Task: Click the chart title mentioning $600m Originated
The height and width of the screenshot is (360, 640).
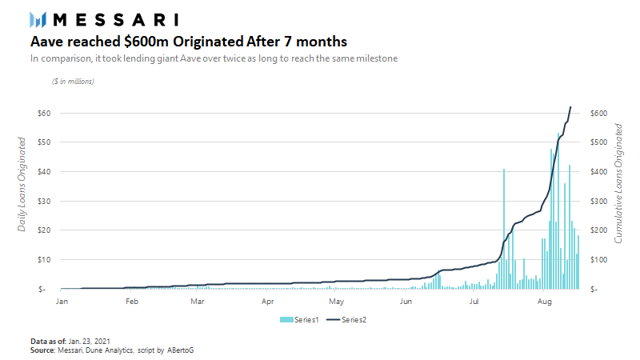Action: (189, 41)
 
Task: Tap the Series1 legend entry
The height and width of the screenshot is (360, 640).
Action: (302, 319)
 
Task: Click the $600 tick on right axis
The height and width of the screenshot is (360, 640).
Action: (599, 113)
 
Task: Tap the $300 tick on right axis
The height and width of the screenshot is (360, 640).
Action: (599, 201)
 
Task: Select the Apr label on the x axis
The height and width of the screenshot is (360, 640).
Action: (268, 302)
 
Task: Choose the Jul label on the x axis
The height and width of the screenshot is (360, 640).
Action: (474, 302)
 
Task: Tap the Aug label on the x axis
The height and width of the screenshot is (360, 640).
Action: (544, 302)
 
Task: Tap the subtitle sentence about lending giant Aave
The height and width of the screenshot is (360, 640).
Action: (214, 58)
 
